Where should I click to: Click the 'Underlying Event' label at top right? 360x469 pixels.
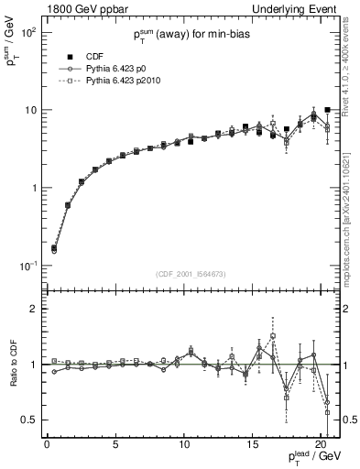coord(298,8)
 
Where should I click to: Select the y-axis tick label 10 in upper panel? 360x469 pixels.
coord(29,110)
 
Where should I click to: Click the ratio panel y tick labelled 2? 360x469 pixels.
coord(34,309)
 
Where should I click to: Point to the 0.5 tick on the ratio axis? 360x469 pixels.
coord(29,420)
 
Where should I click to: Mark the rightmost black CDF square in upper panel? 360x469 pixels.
coord(327,110)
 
